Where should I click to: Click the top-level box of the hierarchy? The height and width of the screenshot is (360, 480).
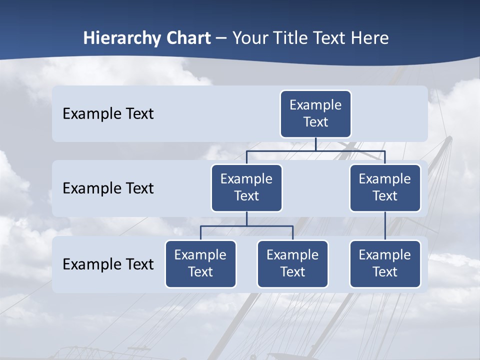pyautogui.click(x=315, y=113)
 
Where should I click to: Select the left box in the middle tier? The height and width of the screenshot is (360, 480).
pyautogui.click(x=246, y=187)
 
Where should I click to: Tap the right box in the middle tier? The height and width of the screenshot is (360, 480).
pyautogui.click(x=385, y=187)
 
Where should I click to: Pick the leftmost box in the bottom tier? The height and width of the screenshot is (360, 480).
pyautogui.click(x=200, y=263)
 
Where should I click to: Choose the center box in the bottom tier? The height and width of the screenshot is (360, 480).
pyautogui.click(x=292, y=263)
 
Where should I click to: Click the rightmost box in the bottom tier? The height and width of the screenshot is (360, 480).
pyautogui.click(x=385, y=263)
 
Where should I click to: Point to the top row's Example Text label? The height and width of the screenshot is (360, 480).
pyautogui.click(x=108, y=114)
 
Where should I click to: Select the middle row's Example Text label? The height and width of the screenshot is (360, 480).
pyautogui.click(x=108, y=188)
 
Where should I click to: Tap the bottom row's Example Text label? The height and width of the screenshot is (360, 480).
pyautogui.click(x=108, y=264)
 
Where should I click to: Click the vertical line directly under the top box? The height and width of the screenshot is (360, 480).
pyautogui.click(x=315, y=144)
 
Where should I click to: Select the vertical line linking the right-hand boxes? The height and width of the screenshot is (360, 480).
pyautogui.click(x=385, y=226)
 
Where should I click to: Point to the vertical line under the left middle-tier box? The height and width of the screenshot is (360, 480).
pyautogui.click(x=246, y=218)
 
